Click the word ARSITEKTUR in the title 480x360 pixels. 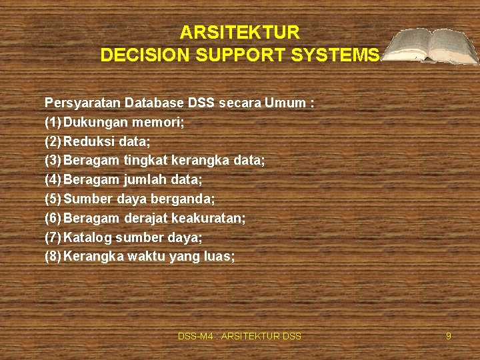pos(240,33)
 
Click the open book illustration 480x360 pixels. pos(433,46)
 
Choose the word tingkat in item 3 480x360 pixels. pos(145,161)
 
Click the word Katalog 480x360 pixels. pos(87,237)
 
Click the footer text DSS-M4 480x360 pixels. pos(195,337)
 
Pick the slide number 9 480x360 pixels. pos(449,337)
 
